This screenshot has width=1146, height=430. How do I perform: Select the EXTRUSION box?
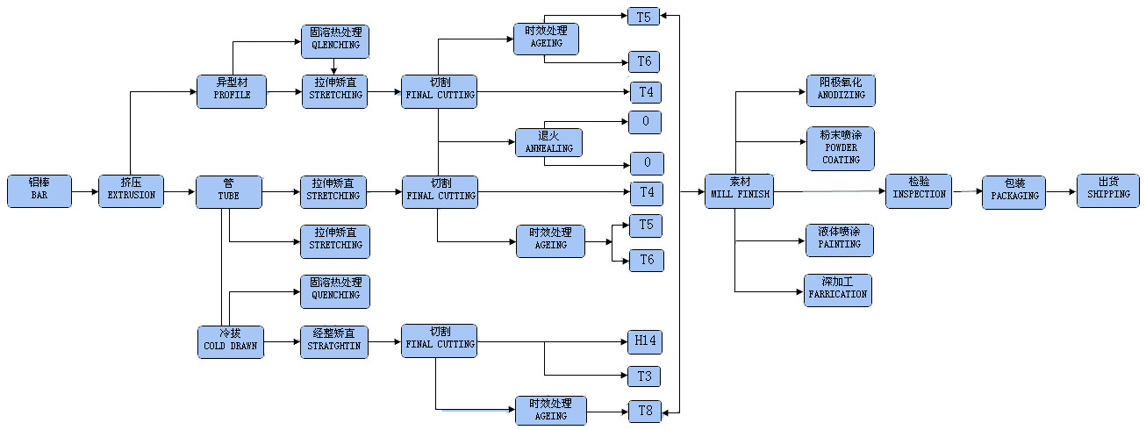[131, 190]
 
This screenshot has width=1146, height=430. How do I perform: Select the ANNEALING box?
[548, 143]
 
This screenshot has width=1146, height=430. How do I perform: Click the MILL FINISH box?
[740, 190]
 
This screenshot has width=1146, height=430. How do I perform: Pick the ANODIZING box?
[841, 90]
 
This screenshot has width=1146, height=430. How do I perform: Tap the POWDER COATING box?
[841, 148]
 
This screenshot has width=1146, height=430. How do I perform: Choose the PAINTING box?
[840, 240]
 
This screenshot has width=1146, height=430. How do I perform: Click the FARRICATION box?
[838, 290]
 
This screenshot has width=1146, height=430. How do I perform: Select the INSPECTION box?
[919, 190]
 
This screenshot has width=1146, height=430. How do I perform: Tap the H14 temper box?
[645, 342]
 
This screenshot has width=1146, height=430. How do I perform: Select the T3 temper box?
[645, 377]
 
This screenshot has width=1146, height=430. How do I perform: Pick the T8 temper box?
[645, 411]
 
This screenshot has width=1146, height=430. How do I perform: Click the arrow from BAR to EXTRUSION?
[85, 190]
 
